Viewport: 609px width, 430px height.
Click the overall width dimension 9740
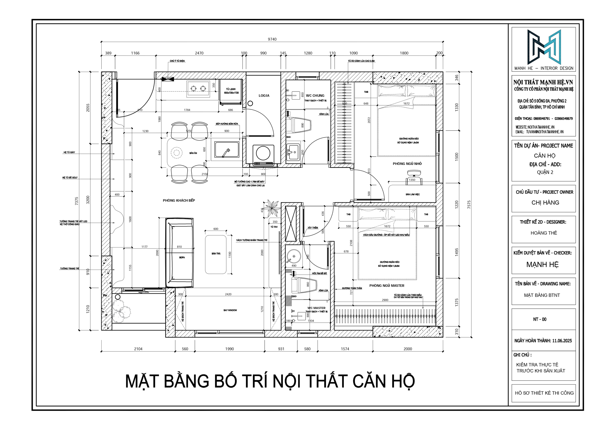tap(272, 39)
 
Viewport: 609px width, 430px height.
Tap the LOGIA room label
tap(264, 96)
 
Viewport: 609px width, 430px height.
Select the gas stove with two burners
tap(198, 89)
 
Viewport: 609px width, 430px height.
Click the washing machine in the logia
tap(263, 153)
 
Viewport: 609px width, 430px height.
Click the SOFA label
tap(182, 257)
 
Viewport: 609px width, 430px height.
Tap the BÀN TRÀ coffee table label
tap(216, 253)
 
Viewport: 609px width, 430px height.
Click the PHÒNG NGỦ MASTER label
tap(387, 285)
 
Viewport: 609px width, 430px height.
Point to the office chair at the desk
tap(413, 177)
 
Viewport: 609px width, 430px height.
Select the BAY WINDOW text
tap(230, 310)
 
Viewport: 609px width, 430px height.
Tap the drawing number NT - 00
tap(540, 319)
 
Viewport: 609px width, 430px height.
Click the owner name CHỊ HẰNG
tap(545, 203)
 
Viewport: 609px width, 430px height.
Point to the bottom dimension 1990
tap(229, 349)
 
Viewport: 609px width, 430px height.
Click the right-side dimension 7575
tap(469, 204)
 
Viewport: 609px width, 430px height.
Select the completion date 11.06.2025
tap(562, 341)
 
